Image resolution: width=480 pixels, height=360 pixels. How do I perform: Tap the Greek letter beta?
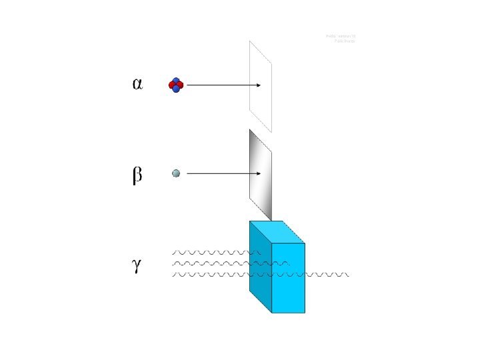tap(137, 176)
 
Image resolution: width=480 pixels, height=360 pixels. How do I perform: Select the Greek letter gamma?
tap(136, 265)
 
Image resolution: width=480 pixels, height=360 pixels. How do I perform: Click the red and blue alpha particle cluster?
tap(176, 85)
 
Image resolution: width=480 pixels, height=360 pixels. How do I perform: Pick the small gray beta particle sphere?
tap(176, 173)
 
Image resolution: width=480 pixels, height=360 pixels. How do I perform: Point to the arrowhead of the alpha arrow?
tap(257, 85)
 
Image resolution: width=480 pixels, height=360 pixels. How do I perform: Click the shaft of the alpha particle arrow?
tap(220, 85)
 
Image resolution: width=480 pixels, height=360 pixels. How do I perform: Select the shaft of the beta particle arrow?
tap(220, 173)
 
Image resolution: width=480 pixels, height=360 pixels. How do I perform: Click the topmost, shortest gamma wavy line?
tap(213, 253)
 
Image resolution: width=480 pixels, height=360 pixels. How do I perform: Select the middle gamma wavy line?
tap(220, 263)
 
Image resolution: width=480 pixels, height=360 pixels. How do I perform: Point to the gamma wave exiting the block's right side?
tap(327, 274)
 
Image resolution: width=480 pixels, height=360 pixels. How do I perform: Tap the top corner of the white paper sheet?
tap(251, 41)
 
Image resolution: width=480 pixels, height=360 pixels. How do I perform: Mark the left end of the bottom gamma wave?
tap(173, 274)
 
